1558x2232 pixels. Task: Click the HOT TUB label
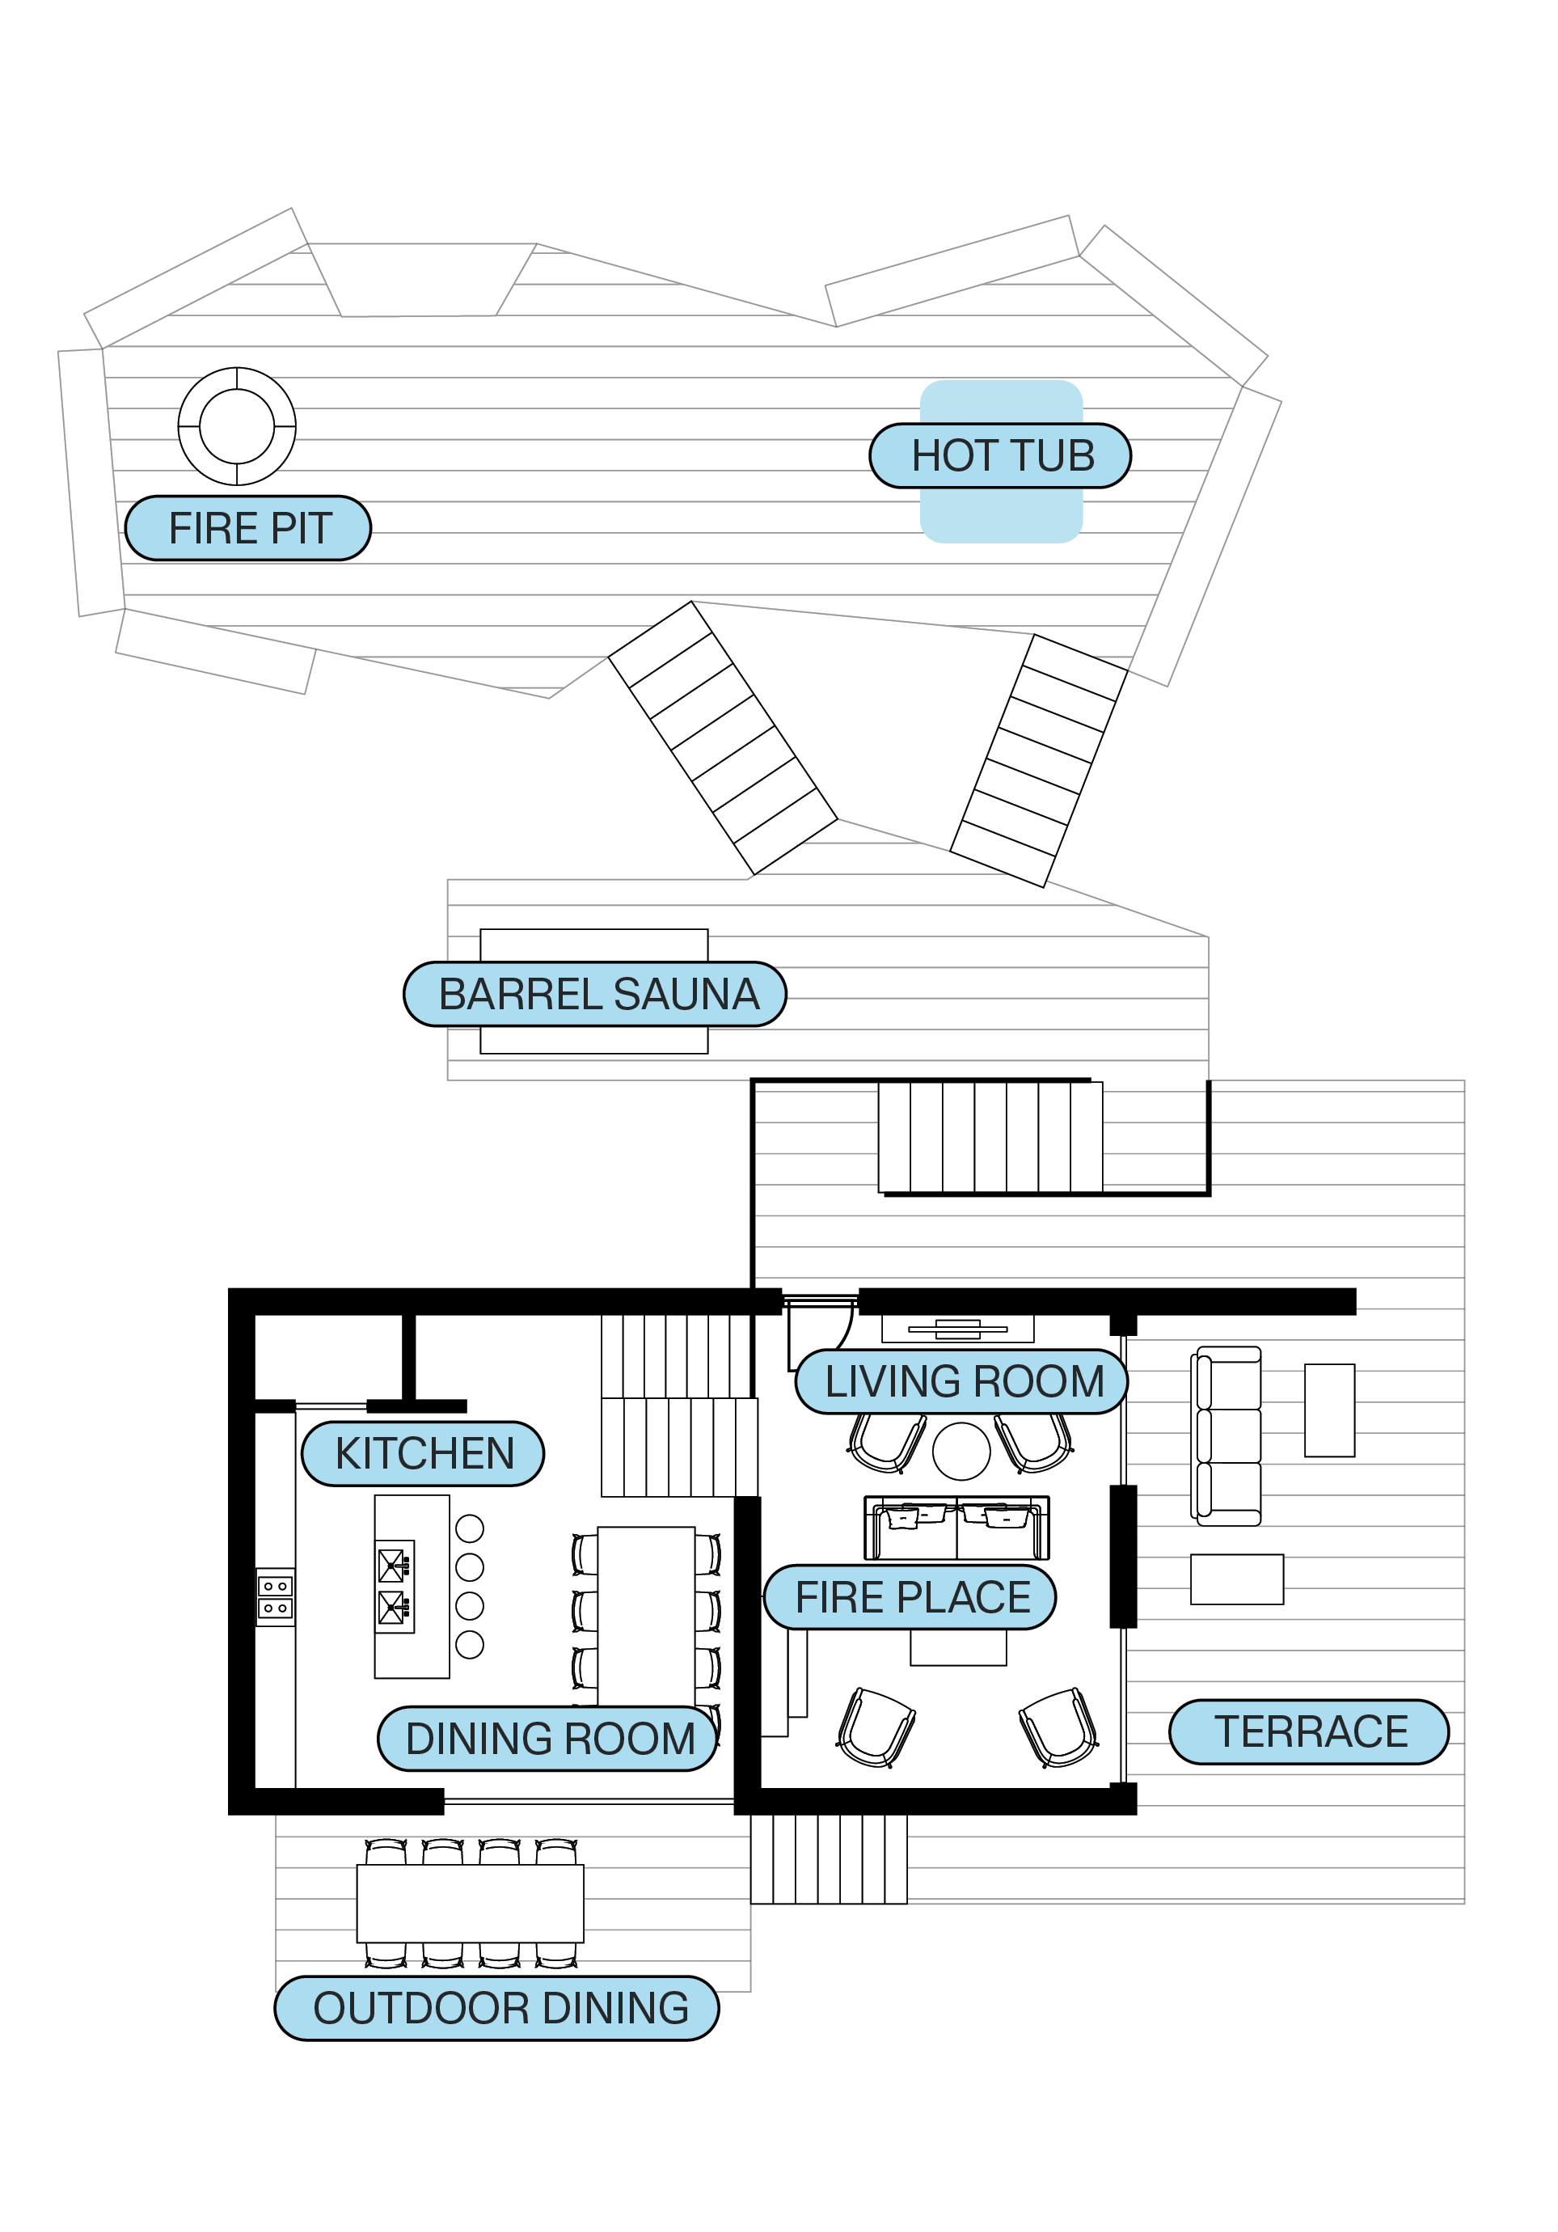point(1000,456)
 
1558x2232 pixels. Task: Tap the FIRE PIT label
point(249,529)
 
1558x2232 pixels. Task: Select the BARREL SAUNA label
point(596,995)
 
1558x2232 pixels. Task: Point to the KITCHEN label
point(423,1454)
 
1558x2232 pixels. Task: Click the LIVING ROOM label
point(962,1381)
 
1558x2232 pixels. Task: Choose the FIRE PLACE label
point(910,1597)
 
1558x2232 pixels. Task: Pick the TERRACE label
point(1309,1731)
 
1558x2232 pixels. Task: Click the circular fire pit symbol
point(237,426)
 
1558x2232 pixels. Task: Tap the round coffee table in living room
point(961,1452)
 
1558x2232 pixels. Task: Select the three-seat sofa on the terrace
point(1227,1435)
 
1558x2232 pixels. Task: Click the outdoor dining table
point(471,1902)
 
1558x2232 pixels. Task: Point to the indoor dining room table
point(645,1613)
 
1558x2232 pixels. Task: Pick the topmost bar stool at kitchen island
point(470,1529)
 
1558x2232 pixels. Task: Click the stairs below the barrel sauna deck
point(990,1137)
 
